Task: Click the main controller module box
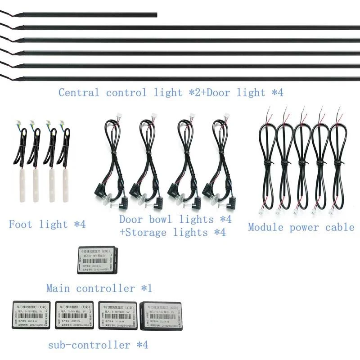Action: pyautogui.click(x=98, y=260)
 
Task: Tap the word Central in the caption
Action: pyautogui.click(x=78, y=93)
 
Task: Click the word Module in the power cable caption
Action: pyautogui.click(x=265, y=227)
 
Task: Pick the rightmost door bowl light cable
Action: pyautogui.click(x=220, y=157)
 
